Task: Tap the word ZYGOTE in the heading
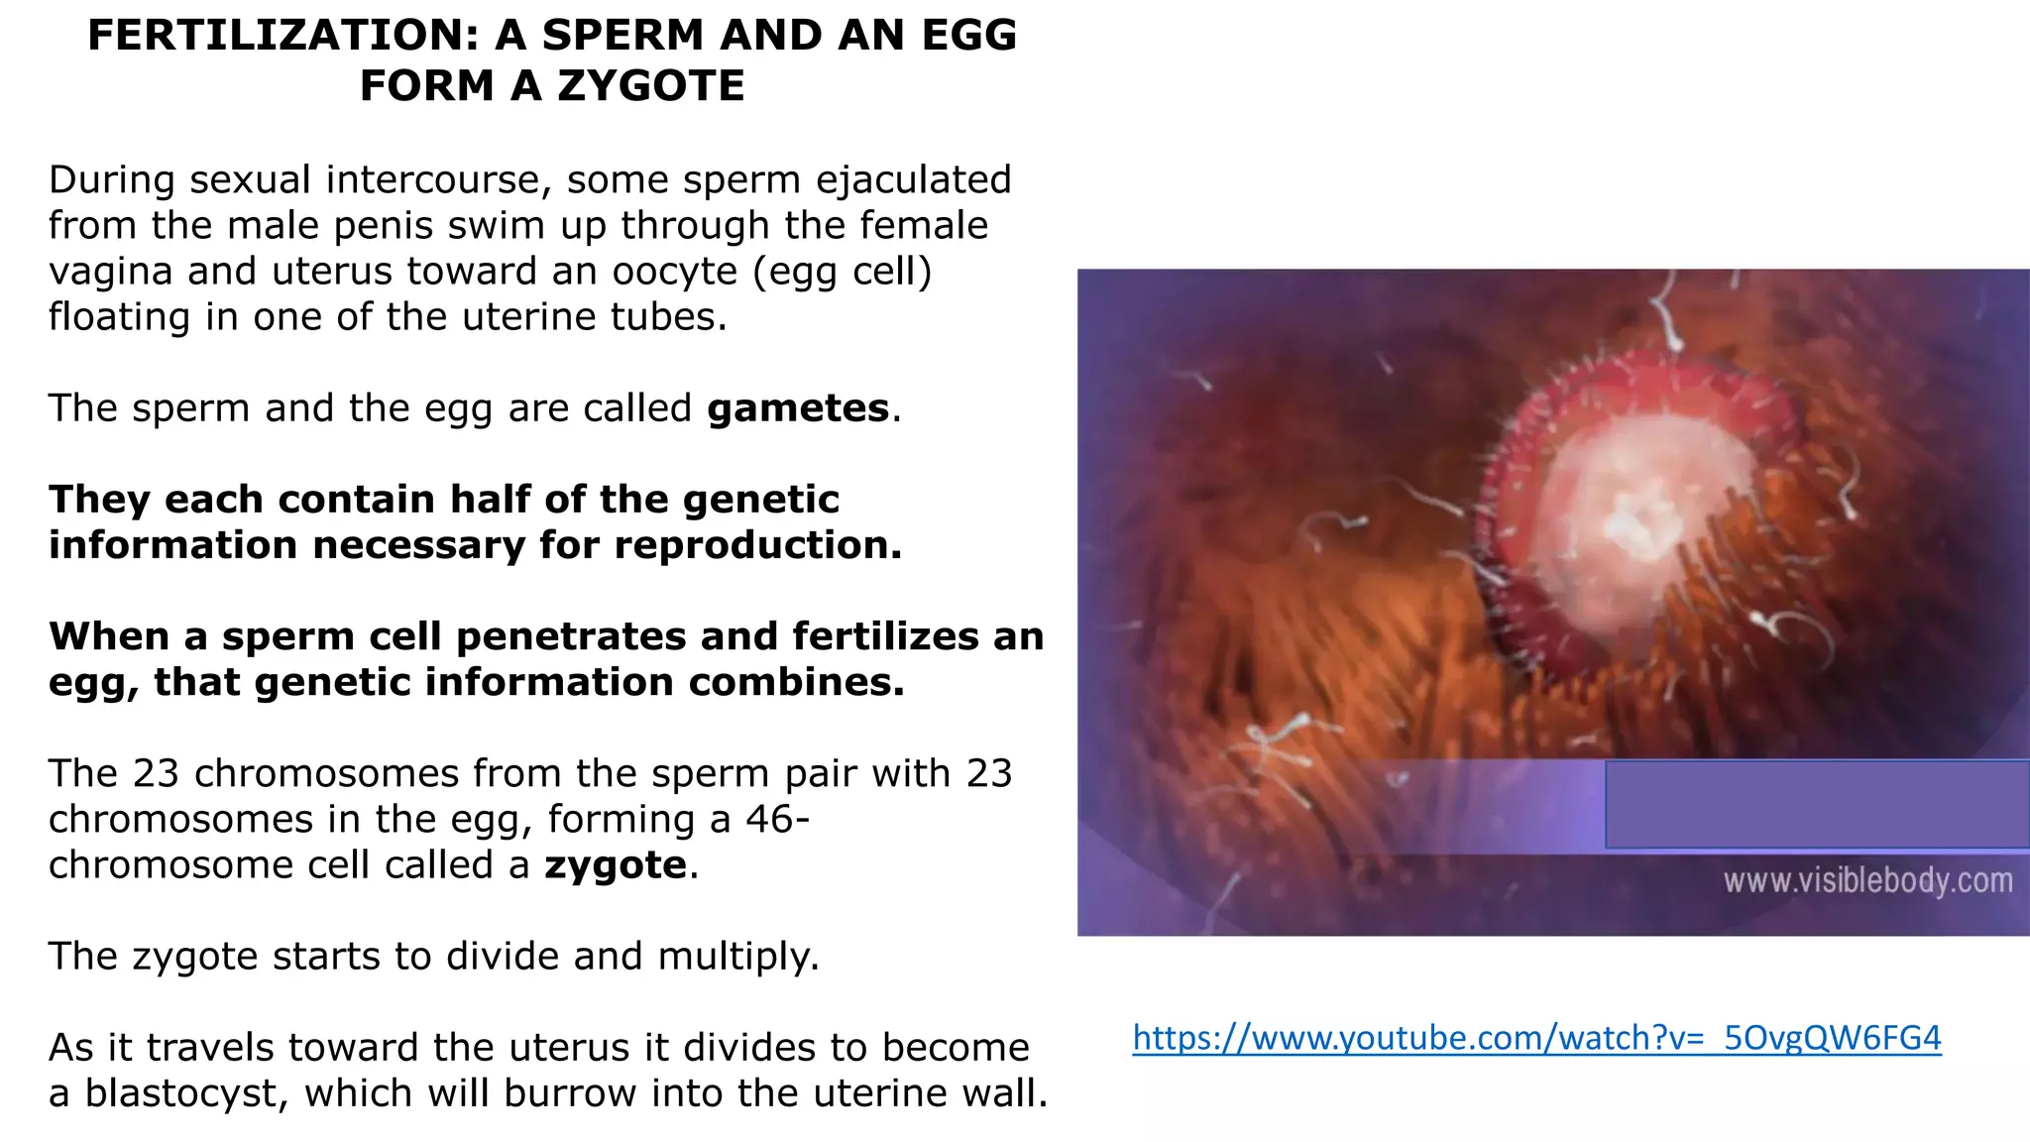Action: [650, 86]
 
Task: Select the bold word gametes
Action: [798, 408]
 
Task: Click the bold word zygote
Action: [616, 865]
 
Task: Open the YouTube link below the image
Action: [1536, 1038]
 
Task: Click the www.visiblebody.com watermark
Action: [1867, 880]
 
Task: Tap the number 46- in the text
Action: [778, 820]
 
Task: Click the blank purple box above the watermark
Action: [1816, 804]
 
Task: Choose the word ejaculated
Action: [913, 180]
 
